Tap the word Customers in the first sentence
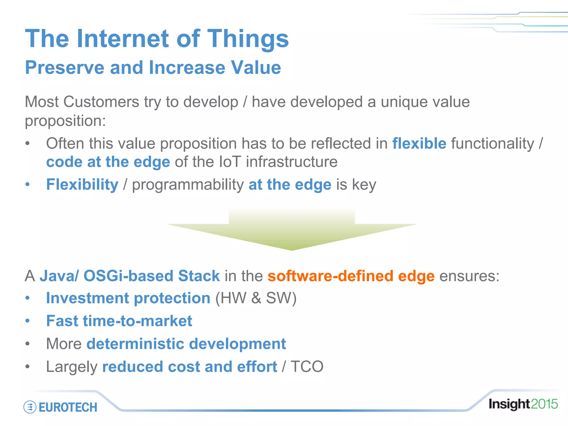click(x=101, y=102)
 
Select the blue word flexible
click(x=419, y=143)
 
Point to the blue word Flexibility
click(x=82, y=185)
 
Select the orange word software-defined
click(x=330, y=276)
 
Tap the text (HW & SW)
click(x=256, y=298)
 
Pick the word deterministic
click(x=135, y=344)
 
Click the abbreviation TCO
click(x=307, y=367)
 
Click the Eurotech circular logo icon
click(x=30, y=407)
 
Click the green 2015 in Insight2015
click(x=544, y=404)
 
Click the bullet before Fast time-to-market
click(x=27, y=321)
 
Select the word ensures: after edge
click(x=469, y=276)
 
